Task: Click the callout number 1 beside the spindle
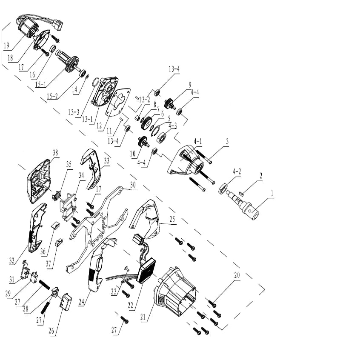point(272,193)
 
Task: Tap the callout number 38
point(55,153)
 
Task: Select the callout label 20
point(237,275)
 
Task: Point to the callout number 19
point(6,46)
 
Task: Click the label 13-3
point(74,112)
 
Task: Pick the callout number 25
point(172,219)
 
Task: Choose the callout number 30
point(133,185)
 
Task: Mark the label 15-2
point(52,96)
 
